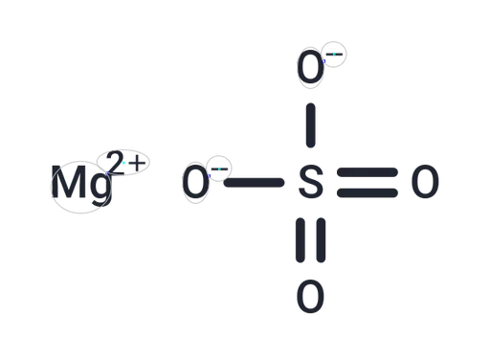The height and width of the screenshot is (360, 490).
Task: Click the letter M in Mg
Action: click(x=69, y=182)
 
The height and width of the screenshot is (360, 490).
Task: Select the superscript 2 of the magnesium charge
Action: click(x=115, y=163)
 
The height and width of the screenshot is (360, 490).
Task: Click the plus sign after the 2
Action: click(x=137, y=163)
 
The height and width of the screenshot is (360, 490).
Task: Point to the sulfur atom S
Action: click(x=311, y=182)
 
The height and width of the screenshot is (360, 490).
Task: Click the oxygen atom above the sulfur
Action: click(x=310, y=68)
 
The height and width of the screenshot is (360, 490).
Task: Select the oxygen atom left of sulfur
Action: click(x=196, y=182)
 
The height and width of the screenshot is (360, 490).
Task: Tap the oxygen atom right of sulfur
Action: click(x=425, y=182)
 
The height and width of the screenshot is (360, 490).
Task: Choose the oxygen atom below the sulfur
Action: click(x=310, y=297)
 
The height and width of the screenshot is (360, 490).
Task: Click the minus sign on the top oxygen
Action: click(x=334, y=55)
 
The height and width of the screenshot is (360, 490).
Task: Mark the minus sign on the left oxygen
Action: click(x=219, y=169)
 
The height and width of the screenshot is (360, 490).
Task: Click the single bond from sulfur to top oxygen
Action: click(x=311, y=125)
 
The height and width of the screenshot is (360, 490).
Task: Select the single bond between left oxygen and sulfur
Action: click(x=254, y=183)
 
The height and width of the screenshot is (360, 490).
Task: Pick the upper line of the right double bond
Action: click(x=367, y=172)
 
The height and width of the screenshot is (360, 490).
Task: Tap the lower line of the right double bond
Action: click(x=367, y=193)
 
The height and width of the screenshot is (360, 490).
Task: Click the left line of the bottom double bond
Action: click(x=301, y=240)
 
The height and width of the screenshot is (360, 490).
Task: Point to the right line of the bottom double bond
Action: click(x=321, y=240)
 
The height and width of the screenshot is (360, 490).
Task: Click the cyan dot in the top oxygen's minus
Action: click(x=334, y=55)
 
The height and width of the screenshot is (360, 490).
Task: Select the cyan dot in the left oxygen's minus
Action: click(x=219, y=169)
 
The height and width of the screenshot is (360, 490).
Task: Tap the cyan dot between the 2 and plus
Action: click(x=123, y=163)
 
